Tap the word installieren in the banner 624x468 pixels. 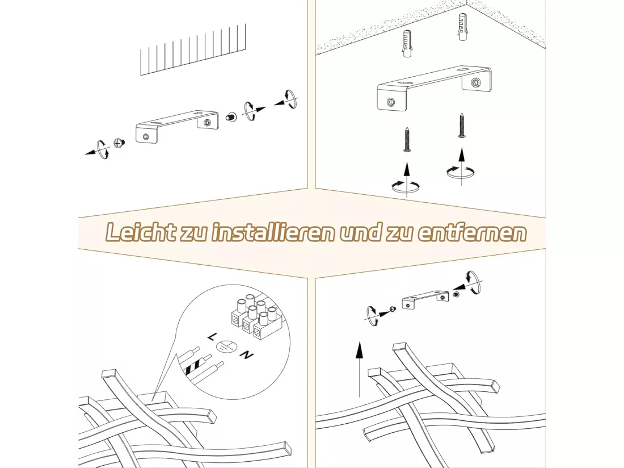[273, 232]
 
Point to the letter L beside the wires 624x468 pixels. [212, 337]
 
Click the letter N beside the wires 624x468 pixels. [247, 354]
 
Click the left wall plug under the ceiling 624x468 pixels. [407, 43]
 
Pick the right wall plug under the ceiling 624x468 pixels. [462, 27]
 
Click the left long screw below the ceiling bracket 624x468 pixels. [407, 139]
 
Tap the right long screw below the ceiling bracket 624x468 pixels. [462, 125]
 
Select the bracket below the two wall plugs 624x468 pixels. [434, 87]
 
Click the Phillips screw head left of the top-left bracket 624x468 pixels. [119, 143]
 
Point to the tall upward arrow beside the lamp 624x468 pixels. [359, 369]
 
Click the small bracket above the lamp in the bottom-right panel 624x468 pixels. [425, 300]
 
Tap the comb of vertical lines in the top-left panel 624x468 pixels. [193, 49]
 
